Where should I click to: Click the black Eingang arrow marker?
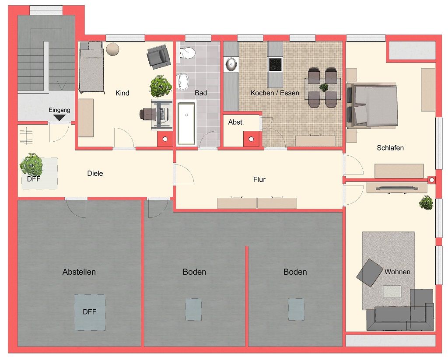59,117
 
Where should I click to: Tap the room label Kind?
122,93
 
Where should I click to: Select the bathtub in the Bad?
186,123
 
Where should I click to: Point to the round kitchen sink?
231,65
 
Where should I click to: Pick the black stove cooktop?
275,65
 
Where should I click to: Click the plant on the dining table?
323,87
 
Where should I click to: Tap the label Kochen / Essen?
275,93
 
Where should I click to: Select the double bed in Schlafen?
374,105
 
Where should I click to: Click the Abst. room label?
236,122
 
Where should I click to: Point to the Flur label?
259,179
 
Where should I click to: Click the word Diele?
95,173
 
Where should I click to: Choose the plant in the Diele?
32,164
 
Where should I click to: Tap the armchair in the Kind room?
158,57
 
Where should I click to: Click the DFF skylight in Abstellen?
90,312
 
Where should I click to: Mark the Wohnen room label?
397,272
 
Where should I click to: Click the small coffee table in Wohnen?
392,291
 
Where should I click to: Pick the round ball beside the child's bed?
113,49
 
